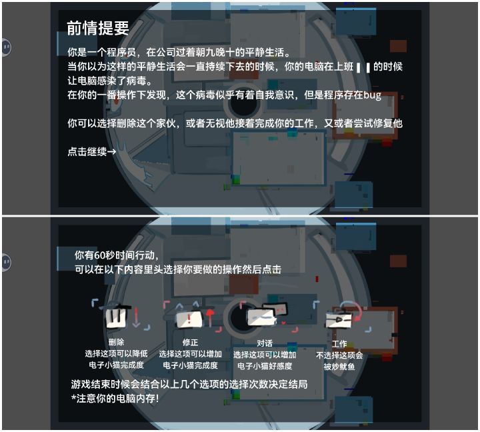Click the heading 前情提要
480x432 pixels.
98,28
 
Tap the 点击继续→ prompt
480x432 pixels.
92,151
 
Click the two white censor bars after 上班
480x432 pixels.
363,67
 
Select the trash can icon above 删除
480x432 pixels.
116,316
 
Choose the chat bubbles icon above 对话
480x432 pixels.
267,314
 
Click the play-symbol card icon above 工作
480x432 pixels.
339,320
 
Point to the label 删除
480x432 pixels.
116,342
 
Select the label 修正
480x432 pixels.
190,342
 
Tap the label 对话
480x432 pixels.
265,343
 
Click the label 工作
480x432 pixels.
339,343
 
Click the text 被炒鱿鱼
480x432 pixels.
339,367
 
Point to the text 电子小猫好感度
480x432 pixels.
265,366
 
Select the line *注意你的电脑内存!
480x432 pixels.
115,398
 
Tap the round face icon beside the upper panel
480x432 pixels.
7,47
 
